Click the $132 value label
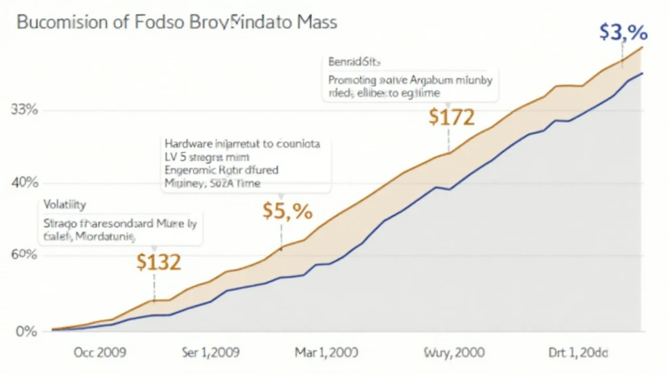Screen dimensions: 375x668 [x=159, y=262]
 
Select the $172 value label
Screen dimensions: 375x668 [x=452, y=117]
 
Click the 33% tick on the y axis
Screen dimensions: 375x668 [x=25, y=109]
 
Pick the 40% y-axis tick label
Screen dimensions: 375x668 [x=25, y=182]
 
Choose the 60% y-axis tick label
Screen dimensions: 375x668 [x=25, y=255]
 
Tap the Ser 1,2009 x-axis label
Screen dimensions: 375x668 [x=209, y=353]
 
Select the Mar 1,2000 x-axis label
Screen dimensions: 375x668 [x=327, y=353]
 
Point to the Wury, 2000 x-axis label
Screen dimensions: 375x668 [x=455, y=353]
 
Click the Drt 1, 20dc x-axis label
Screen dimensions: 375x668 [x=577, y=353]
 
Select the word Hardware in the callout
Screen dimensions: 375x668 [x=189, y=144]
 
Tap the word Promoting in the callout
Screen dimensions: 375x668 [x=353, y=81]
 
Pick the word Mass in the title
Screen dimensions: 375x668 [x=314, y=22]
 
